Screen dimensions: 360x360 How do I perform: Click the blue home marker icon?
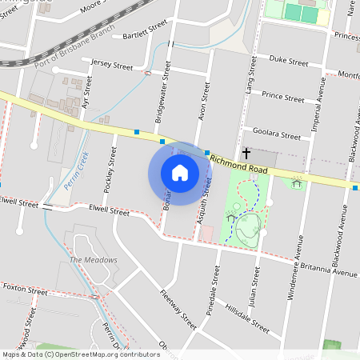(179, 172)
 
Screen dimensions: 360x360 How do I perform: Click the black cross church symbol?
(246, 151)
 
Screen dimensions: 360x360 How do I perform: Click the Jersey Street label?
(112, 64)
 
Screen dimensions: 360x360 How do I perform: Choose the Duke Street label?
(288, 61)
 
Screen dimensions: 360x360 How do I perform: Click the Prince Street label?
(282, 98)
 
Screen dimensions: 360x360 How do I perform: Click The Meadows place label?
(93, 260)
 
